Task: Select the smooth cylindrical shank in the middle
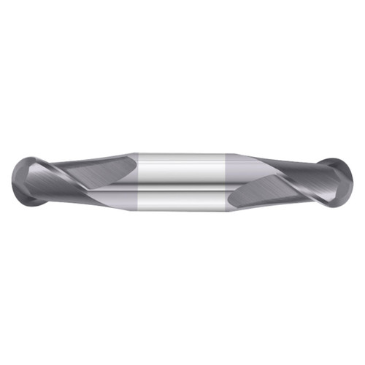click(x=182, y=179)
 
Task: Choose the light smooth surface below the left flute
click(x=109, y=197)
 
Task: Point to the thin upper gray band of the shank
click(x=182, y=155)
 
